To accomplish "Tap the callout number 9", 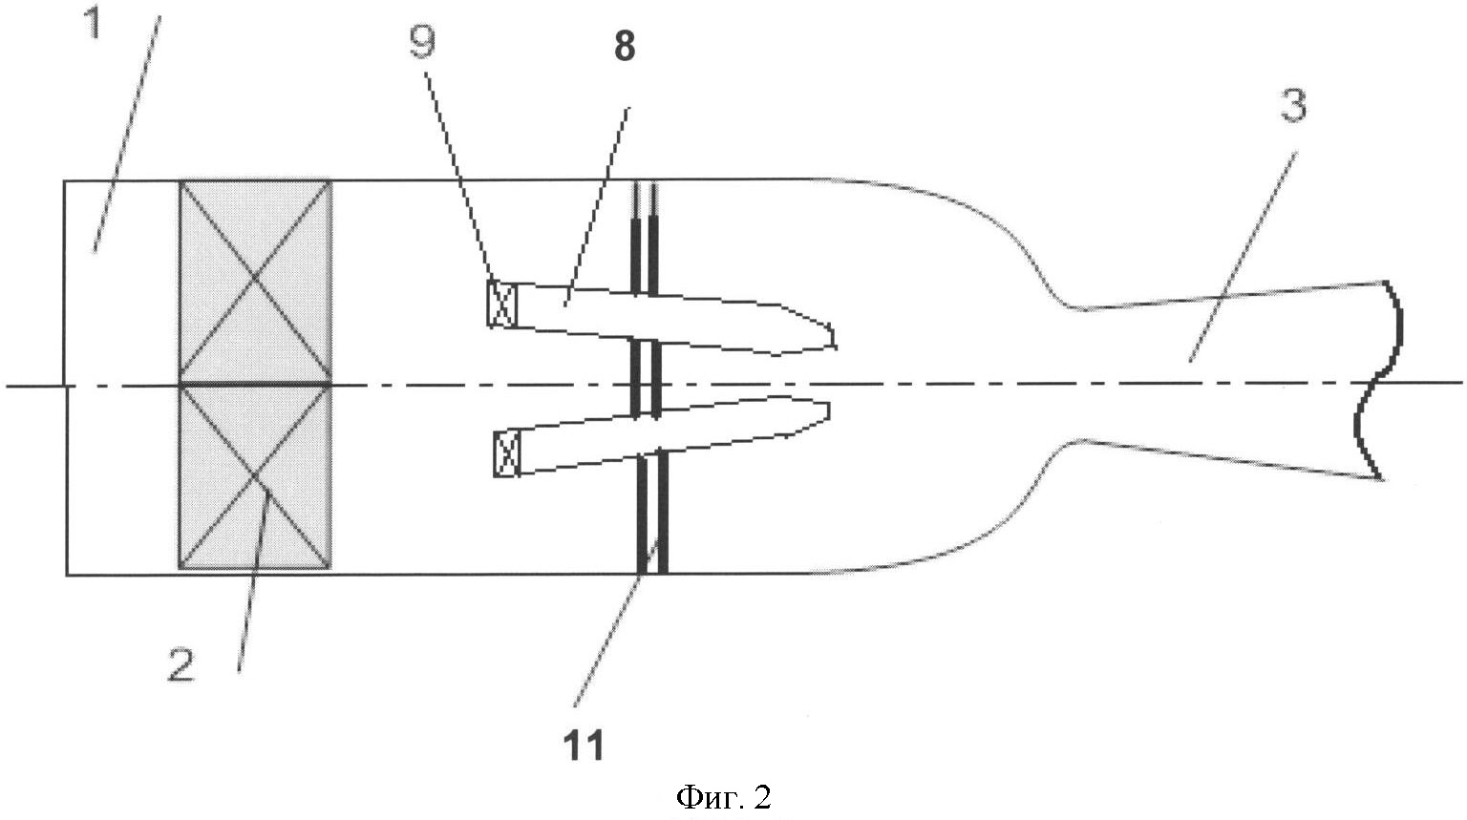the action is tap(422, 43).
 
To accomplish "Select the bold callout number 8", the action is tap(624, 47).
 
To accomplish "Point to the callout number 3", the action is tap(1293, 105).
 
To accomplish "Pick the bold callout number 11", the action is tap(584, 745).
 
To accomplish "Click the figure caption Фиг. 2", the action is tap(723, 796).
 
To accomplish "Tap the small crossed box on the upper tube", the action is tap(501, 303).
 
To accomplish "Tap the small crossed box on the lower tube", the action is tap(507, 452).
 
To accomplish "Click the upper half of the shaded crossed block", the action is tap(255, 282).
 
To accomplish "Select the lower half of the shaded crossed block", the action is tap(255, 477).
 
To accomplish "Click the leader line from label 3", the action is tap(1243, 257).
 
